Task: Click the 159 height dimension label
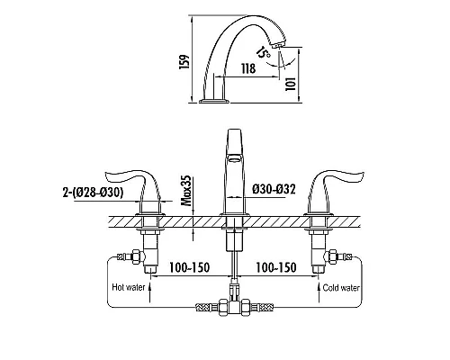pos(184,62)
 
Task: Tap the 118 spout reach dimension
pos(248,68)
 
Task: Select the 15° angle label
pos(263,53)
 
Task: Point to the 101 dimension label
pos(291,84)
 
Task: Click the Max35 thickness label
pos(186,191)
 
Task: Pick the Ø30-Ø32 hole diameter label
pos(274,189)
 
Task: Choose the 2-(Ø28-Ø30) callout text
pos(93,192)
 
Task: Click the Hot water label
pos(129,287)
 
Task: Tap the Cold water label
pos(341,288)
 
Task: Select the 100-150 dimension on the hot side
pos(189,267)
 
